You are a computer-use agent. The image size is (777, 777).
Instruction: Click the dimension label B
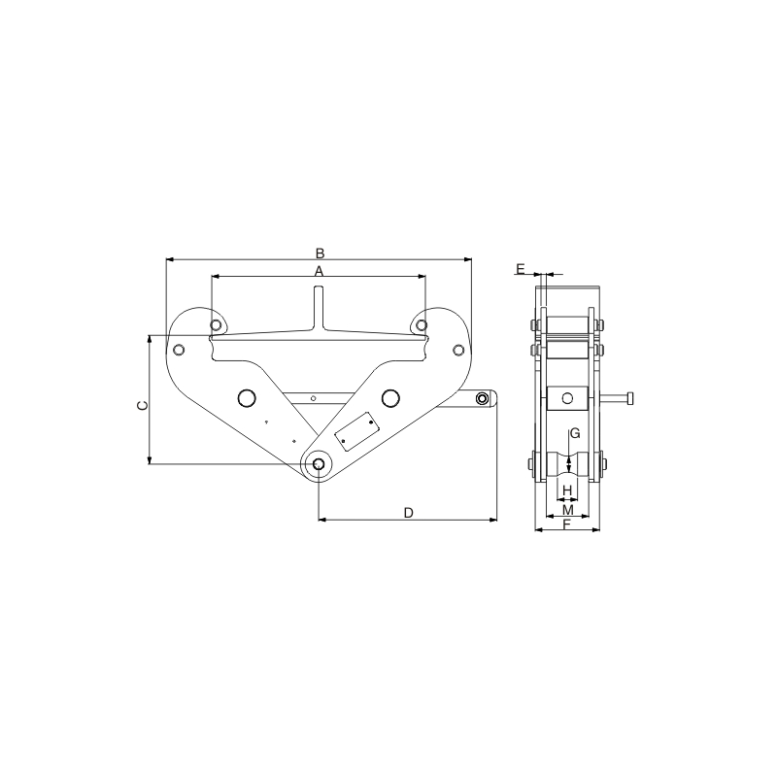(x=321, y=253)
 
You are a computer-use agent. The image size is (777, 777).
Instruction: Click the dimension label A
(x=320, y=271)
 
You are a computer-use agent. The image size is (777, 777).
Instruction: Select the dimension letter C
(x=142, y=405)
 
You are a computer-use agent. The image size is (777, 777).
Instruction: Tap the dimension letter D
(x=408, y=513)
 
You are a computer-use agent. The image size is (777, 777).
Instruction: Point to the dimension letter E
(x=521, y=269)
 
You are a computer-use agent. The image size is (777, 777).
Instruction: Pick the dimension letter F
(x=568, y=524)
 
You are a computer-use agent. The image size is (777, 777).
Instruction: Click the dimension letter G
(x=575, y=433)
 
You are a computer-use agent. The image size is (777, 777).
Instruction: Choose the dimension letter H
(x=568, y=490)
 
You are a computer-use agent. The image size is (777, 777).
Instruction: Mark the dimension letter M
(x=568, y=509)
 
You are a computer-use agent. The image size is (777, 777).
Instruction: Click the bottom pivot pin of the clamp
(x=319, y=464)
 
